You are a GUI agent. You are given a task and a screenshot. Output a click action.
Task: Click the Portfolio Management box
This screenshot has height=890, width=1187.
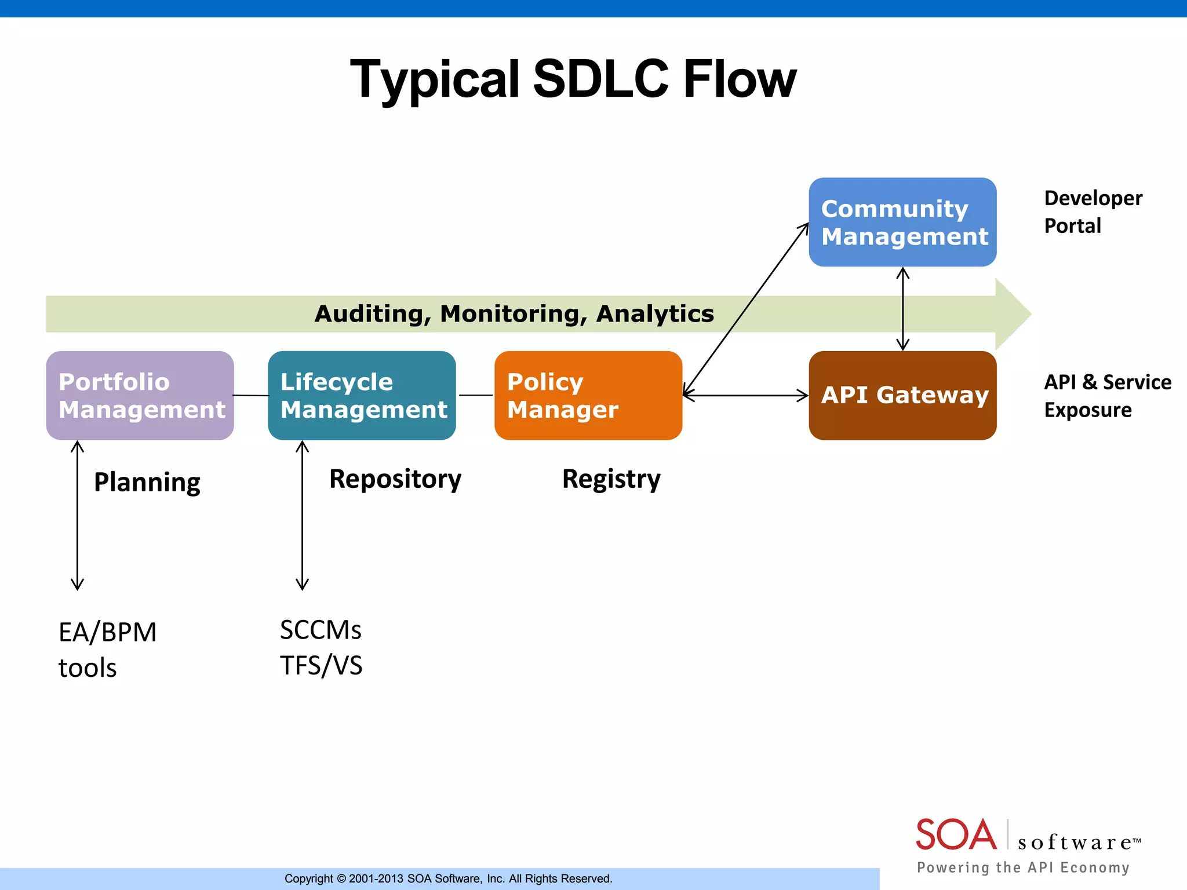pyautogui.click(x=140, y=395)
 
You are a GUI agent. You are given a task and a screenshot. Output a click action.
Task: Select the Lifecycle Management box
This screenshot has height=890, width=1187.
pyautogui.click(x=362, y=395)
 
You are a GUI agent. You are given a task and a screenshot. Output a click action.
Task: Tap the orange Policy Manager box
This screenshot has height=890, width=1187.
pyautogui.click(x=588, y=395)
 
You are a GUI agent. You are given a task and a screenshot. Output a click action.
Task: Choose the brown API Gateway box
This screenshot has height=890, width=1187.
pyautogui.click(x=902, y=395)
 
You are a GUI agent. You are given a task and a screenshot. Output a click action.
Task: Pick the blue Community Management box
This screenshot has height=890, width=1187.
pyautogui.click(x=902, y=222)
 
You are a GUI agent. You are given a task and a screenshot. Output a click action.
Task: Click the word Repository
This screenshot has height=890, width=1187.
pyautogui.click(x=395, y=479)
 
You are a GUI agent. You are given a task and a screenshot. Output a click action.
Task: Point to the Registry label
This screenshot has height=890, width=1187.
pyautogui.click(x=611, y=479)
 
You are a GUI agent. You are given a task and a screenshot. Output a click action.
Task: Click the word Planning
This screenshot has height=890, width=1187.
pyautogui.click(x=147, y=482)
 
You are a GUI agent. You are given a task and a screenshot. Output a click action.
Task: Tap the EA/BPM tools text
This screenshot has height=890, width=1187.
pyautogui.click(x=107, y=650)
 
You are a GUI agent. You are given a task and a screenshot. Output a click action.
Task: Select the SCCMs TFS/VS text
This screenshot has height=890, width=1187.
pyautogui.click(x=321, y=647)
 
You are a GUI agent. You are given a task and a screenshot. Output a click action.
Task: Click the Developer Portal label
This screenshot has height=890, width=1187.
pyautogui.click(x=1093, y=211)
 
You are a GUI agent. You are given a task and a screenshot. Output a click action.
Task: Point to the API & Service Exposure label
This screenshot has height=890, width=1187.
pyautogui.click(x=1107, y=396)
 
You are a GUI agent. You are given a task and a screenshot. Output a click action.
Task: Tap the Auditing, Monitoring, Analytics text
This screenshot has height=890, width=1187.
pyautogui.click(x=514, y=313)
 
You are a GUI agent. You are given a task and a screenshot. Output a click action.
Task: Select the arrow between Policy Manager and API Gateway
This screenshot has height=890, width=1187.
pyautogui.click(x=745, y=396)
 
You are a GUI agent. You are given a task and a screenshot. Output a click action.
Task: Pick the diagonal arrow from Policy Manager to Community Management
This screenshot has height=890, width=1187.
pyautogui.click(x=746, y=309)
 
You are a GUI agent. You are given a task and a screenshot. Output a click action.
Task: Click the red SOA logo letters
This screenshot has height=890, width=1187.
pyautogui.click(x=956, y=834)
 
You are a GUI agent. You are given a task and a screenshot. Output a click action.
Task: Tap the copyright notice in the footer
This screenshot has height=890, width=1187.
pyautogui.click(x=448, y=878)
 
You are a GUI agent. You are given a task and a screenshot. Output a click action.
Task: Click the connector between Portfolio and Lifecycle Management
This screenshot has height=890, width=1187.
pyautogui.click(x=251, y=395)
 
